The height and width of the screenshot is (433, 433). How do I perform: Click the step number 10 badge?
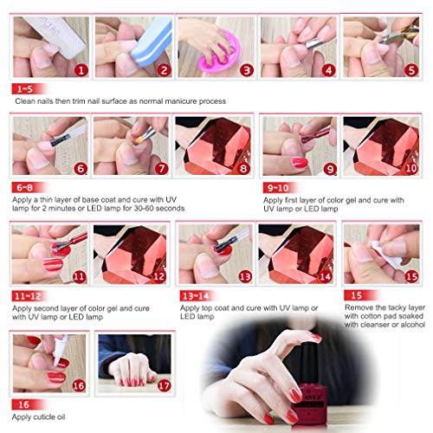click(411, 170)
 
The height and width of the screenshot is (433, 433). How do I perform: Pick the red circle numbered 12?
click(158, 276)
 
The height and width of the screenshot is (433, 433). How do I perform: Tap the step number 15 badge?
click(411, 276)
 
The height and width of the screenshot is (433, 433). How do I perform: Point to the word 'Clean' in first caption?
click(26, 101)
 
